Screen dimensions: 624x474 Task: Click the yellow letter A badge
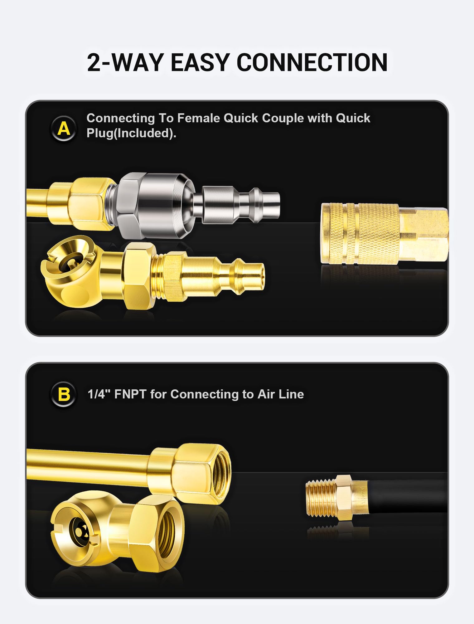coord(64,128)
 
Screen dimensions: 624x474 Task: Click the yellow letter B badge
coord(64,394)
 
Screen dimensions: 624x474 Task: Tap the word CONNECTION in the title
coord(312,62)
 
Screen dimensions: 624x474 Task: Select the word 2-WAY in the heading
coord(125,62)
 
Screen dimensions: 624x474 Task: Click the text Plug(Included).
coord(131,133)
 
